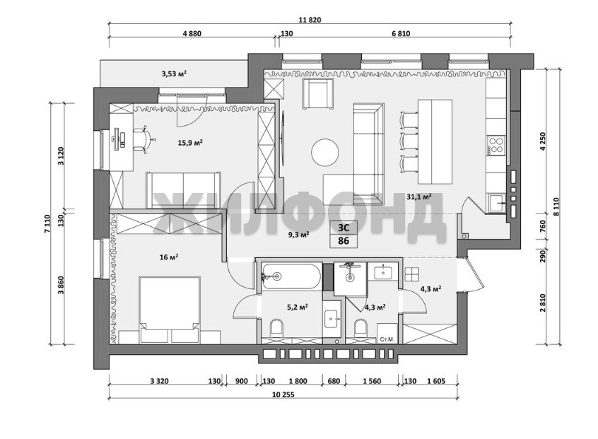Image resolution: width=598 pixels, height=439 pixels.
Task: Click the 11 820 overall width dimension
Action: point(310,21)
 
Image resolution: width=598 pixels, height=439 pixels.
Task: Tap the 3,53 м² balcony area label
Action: point(174,74)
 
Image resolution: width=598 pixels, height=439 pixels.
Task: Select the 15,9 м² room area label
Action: point(190,143)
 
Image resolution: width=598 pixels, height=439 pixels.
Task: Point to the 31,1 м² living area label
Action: point(418,197)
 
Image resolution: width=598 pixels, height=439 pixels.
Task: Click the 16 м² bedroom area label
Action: point(169,257)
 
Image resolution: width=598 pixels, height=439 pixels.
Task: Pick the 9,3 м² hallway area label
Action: point(298,235)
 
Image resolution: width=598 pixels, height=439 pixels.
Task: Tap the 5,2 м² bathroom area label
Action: point(298,306)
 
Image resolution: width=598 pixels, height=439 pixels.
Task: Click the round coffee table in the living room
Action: point(325,152)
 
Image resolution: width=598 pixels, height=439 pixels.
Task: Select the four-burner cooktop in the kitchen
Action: point(496,144)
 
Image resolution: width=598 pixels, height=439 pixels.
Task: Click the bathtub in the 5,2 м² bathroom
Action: point(291,276)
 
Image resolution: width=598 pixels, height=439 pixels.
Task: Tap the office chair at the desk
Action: point(143,140)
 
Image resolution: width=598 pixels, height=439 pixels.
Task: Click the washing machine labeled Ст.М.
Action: point(387,334)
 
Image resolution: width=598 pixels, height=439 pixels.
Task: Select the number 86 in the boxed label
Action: point(344,241)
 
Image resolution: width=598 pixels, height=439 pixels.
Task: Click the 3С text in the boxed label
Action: point(344,228)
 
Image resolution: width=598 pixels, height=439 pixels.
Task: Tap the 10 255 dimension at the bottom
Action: point(283,394)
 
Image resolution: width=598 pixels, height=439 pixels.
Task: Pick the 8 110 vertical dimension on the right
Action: point(557,206)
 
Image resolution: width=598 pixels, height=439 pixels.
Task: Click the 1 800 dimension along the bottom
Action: point(298,381)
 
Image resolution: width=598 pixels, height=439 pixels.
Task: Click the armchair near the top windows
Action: point(317,93)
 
